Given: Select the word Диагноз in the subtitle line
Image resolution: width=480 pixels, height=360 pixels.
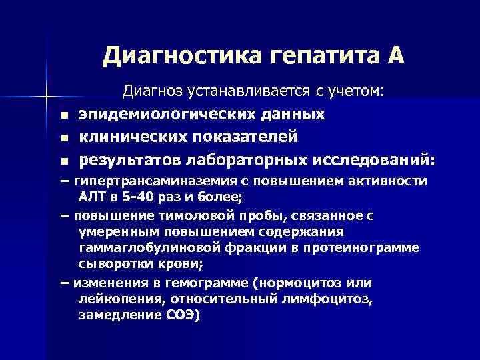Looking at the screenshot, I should [153, 91].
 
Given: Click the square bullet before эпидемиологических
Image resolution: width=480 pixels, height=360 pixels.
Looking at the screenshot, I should [63, 116].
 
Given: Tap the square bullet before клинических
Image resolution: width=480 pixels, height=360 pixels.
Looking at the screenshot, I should [63, 139].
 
